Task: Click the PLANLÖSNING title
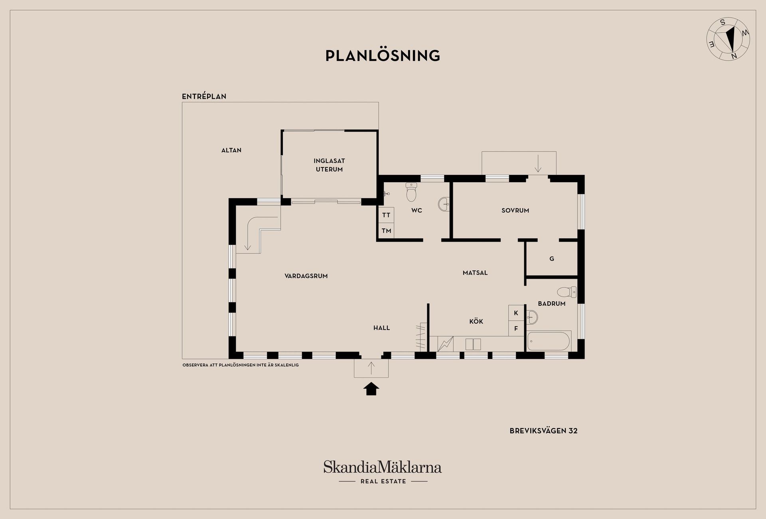pos(383,55)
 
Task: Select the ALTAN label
pos(231,150)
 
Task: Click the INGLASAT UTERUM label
pos(329,165)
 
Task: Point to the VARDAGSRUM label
pos(306,276)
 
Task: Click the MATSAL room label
pos(475,273)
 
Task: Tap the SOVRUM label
pos(515,210)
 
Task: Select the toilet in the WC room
pos(411,192)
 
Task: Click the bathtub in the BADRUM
pos(549,341)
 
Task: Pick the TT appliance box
pos(386,215)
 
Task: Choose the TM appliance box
pos(386,231)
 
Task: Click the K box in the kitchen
pos(516,313)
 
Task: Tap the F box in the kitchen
pos(516,328)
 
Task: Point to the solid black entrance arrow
pos(371,389)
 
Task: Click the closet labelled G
pos(552,258)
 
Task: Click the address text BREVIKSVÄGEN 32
pos(543,431)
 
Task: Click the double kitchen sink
pos(473,344)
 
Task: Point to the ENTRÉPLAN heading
pos(204,96)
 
